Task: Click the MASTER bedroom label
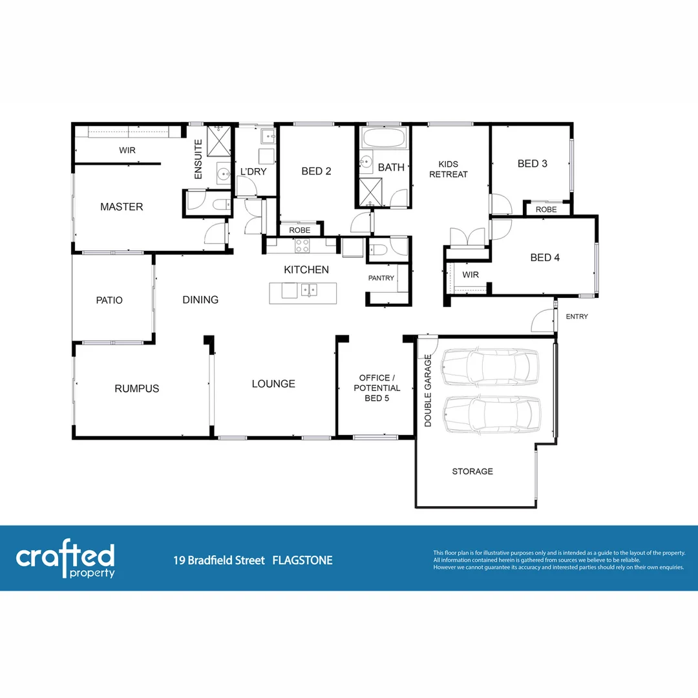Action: click(x=122, y=207)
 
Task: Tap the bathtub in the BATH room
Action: click(x=384, y=138)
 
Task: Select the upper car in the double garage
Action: click(x=489, y=367)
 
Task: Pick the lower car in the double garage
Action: click(x=491, y=414)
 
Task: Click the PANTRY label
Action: click(x=381, y=278)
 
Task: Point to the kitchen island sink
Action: click(x=308, y=289)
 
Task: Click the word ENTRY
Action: click(x=576, y=317)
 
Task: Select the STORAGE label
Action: click(x=472, y=471)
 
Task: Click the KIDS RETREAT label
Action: click(x=448, y=169)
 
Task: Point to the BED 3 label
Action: click(x=533, y=164)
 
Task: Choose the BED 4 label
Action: click(x=545, y=257)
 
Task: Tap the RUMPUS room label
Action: click(x=136, y=388)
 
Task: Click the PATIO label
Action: click(x=109, y=300)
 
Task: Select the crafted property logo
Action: click(x=65, y=560)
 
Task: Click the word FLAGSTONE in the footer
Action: click(x=302, y=560)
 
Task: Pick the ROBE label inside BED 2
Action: click(x=299, y=230)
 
